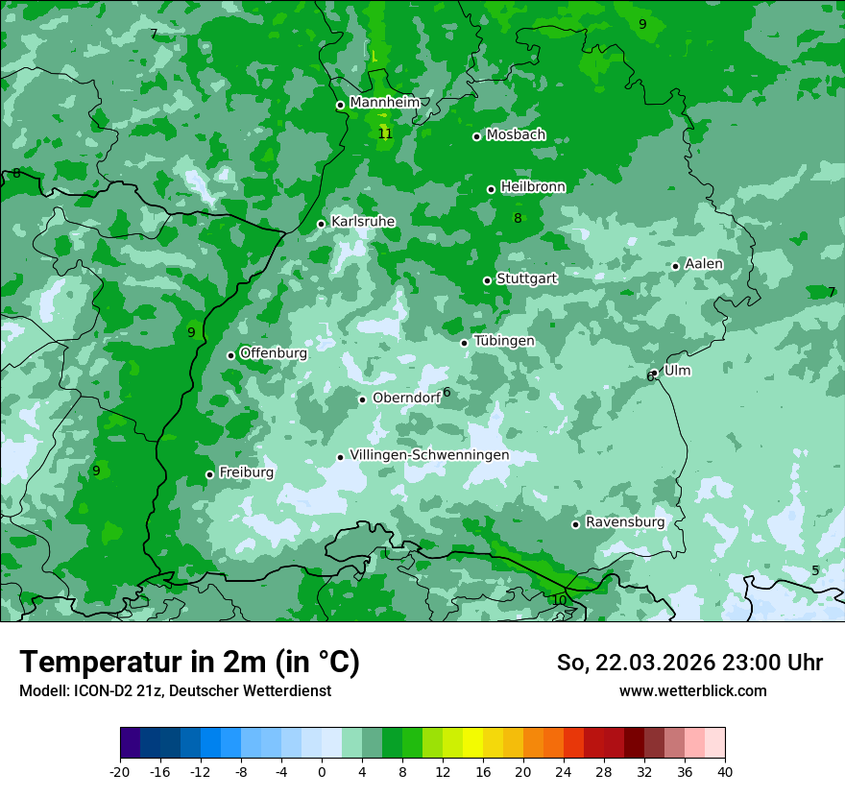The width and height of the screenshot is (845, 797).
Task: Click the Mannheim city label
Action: [x=384, y=103]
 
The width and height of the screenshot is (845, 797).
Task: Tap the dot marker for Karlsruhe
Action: [x=322, y=224]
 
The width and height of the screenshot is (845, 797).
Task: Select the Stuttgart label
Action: [x=526, y=278]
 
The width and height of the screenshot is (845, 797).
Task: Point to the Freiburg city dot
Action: [x=209, y=474]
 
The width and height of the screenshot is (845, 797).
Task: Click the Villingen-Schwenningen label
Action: [x=429, y=455]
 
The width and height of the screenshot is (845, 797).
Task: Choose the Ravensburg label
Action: [x=625, y=522]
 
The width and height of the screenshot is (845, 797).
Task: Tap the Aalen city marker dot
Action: [x=675, y=266]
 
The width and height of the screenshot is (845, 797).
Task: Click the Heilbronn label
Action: [x=533, y=187]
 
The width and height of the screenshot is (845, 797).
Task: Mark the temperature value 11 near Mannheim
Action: [x=385, y=133]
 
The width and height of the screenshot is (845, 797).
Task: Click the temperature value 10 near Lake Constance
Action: [x=559, y=600]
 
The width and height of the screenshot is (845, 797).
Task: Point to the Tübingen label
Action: [x=504, y=341]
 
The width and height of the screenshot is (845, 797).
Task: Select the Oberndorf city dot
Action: [x=362, y=399]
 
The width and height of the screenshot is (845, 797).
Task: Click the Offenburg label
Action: [x=273, y=353]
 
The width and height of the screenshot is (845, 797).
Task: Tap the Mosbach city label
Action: [x=516, y=135]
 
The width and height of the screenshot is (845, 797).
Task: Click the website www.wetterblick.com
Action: [x=692, y=690]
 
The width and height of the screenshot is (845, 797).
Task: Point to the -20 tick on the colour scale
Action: [x=120, y=771]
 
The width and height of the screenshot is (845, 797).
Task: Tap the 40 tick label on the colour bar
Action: [x=725, y=771]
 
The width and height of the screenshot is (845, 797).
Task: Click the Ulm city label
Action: [x=677, y=371]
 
